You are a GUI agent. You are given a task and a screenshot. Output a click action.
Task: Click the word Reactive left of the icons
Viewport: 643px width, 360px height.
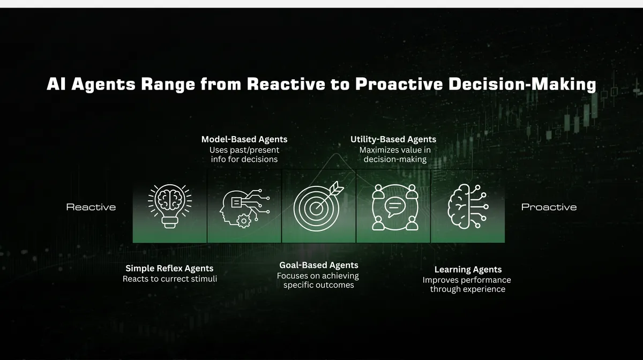[x=91, y=207]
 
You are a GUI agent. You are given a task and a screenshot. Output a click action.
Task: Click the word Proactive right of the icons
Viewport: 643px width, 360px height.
[x=549, y=207]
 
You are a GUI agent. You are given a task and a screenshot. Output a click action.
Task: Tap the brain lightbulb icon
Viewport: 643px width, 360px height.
[x=169, y=206]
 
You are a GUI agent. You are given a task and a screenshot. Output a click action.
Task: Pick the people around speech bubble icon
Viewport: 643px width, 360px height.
[x=394, y=207]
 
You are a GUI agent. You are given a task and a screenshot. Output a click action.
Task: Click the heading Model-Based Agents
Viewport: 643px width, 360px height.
[x=244, y=139]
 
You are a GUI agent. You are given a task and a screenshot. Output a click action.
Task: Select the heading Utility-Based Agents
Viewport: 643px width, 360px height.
[x=393, y=139]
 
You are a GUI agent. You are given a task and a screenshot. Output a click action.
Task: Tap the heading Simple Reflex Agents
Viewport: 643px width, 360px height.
[x=169, y=268]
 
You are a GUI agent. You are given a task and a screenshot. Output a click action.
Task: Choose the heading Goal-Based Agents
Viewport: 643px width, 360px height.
[x=319, y=265]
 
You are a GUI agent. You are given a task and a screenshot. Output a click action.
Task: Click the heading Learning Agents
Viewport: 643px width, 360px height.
[x=468, y=269]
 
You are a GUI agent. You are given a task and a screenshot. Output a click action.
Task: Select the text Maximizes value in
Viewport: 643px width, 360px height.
[x=395, y=150]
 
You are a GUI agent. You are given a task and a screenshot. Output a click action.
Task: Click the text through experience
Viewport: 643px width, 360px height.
[x=467, y=289]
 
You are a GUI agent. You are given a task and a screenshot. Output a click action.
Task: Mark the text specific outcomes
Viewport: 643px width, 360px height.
[x=319, y=285]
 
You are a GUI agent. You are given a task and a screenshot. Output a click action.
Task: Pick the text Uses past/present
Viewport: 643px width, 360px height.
[x=244, y=150]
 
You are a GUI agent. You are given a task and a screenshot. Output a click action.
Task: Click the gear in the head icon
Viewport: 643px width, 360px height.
[x=244, y=219]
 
